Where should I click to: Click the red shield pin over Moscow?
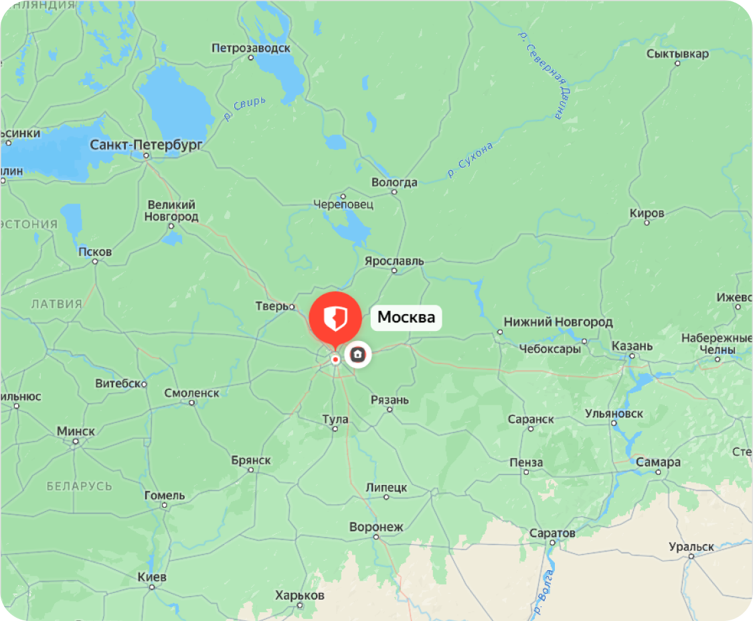click(335, 317)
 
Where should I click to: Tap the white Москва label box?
click(406, 317)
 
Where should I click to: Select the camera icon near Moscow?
click(357, 354)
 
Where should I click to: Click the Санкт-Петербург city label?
click(146, 144)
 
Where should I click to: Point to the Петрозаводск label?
click(251, 48)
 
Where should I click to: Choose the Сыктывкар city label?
click(677, 54)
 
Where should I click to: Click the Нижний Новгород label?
click(558, 322)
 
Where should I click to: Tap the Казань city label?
click(632, 346)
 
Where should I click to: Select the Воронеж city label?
click(376, 527)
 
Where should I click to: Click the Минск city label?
click(76, 431)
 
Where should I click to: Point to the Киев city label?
click(151, 577)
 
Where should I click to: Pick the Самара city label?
click(659, 462)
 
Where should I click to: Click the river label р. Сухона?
click(471, 161)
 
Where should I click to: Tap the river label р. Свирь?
click(244, 109)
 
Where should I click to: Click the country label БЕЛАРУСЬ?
click(79, 486)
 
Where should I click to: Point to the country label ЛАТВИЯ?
click(56, 304)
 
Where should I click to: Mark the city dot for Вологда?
click(394, 192)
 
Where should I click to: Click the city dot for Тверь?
click(292, 307)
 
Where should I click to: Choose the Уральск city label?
click(691, 547)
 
